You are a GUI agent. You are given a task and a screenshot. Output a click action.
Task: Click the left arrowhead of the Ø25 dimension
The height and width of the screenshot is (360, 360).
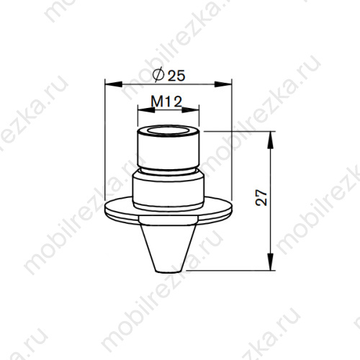click(110, 84)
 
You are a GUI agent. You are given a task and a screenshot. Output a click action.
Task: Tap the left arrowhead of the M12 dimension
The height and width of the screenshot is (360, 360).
click(142, 110)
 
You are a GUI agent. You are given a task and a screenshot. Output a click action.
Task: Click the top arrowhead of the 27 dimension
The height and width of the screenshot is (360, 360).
click(271, 136)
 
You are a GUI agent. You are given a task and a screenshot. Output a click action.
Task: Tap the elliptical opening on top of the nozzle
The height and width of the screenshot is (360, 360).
click(168, 132)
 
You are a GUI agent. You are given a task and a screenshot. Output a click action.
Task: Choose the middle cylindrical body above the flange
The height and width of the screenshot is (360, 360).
click(168, 189)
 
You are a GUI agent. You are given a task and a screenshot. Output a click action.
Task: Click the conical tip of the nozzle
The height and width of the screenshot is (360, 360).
click(168, 245)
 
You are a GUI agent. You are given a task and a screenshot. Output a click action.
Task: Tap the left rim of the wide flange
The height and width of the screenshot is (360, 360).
click(108, 209)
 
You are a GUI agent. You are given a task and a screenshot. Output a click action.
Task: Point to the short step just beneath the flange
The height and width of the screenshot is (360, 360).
click(168, 219)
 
